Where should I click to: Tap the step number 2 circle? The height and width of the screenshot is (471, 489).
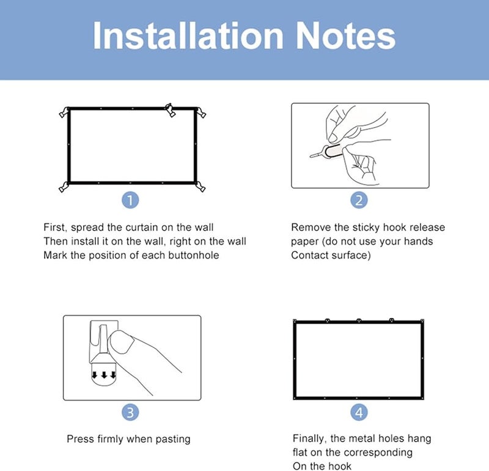click(x=359, y=200)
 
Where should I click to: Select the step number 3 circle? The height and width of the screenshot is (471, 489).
click(x=131, y=412)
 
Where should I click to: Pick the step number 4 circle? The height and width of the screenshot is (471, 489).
click(x=359, y=412)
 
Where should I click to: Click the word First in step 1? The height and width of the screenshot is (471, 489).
click(x=55, y=228)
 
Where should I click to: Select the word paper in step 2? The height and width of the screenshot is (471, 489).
click(x=305, y=242)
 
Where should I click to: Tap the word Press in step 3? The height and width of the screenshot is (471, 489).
click(x=80, y=439)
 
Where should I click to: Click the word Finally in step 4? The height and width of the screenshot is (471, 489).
click(x=311, y=439)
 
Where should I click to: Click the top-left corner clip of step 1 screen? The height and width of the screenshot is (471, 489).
click(x=63, y=113)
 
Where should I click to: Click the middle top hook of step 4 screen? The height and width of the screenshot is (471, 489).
click(x=359, y=319)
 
